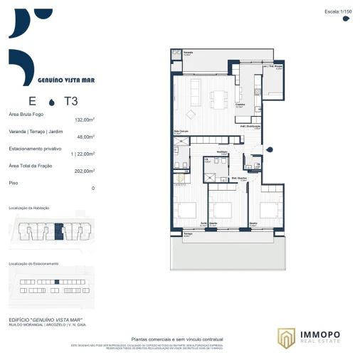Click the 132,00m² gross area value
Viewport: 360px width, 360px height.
pyautogui.click(x=85, y=120)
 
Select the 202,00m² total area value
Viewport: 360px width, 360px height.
pyautogui.click(x=85, y=171)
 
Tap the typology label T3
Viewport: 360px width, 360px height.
pyautogui.click(x=70, y=101)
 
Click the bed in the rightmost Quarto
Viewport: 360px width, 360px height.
pyautogui.click(x=268, y=209)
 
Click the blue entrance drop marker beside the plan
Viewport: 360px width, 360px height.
pyautogui.click(x=270, y=148)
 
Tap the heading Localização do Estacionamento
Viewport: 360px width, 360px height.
pyautogui.click(x=33, y=263)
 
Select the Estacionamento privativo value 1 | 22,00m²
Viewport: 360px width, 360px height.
pyautogui.click(x=83, y=154)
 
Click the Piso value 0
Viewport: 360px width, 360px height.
pyautogui.click(x=92, y=189)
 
